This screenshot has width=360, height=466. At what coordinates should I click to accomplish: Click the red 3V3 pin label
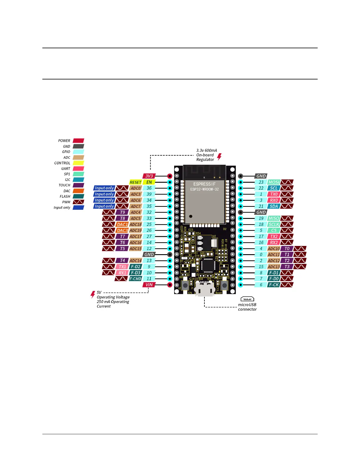coord(149,176)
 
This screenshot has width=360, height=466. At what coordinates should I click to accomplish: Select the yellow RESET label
coord(136,182)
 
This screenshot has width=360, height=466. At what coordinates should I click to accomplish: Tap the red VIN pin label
coord(149,285)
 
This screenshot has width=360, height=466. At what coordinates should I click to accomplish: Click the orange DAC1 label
coord(122,224)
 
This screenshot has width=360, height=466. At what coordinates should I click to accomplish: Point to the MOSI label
coord(274,182)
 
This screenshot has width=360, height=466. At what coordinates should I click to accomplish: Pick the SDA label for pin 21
coord(274,206)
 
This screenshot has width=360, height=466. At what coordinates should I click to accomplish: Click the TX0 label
coord(274,194)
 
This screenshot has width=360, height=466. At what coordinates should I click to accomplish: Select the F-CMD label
coord(136,279)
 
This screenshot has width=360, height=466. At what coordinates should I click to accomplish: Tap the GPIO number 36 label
coord(149,188)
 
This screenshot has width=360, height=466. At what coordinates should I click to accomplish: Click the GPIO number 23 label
coord(261,182)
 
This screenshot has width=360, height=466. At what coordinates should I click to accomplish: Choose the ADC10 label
coord(274,249)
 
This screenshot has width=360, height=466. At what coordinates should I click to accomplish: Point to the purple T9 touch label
coord(122,212)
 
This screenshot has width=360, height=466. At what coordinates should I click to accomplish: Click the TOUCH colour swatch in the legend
coord(79,185)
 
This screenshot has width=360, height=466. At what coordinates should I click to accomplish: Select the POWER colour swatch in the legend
coord(79,141)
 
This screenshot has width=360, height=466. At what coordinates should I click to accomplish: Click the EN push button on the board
coord(186,285)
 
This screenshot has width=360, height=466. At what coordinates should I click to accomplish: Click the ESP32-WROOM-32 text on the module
coord(204,189)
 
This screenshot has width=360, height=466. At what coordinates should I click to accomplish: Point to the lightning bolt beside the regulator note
coord(219,157)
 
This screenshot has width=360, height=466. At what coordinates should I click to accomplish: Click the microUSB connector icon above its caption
coord(247,299)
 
